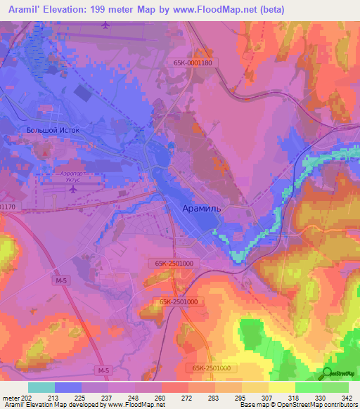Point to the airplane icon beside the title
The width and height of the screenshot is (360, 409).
click(106, 25)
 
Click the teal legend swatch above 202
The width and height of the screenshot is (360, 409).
click(41, 387)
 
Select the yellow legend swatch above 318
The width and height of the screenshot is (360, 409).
click(282, 387)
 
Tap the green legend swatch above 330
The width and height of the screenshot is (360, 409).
click(309, 387)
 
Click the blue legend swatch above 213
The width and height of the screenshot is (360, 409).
click(68, 387)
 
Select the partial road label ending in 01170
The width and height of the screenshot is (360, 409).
click(7, 207)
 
